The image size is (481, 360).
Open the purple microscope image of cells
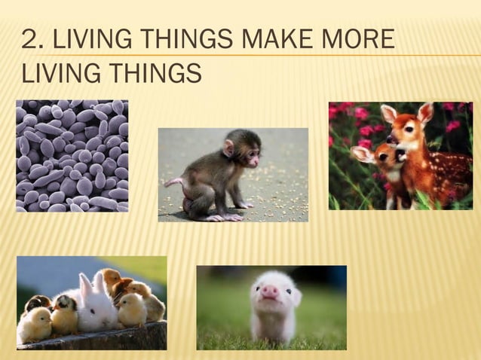tap(72, 155)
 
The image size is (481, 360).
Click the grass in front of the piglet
tap(249, 335)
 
